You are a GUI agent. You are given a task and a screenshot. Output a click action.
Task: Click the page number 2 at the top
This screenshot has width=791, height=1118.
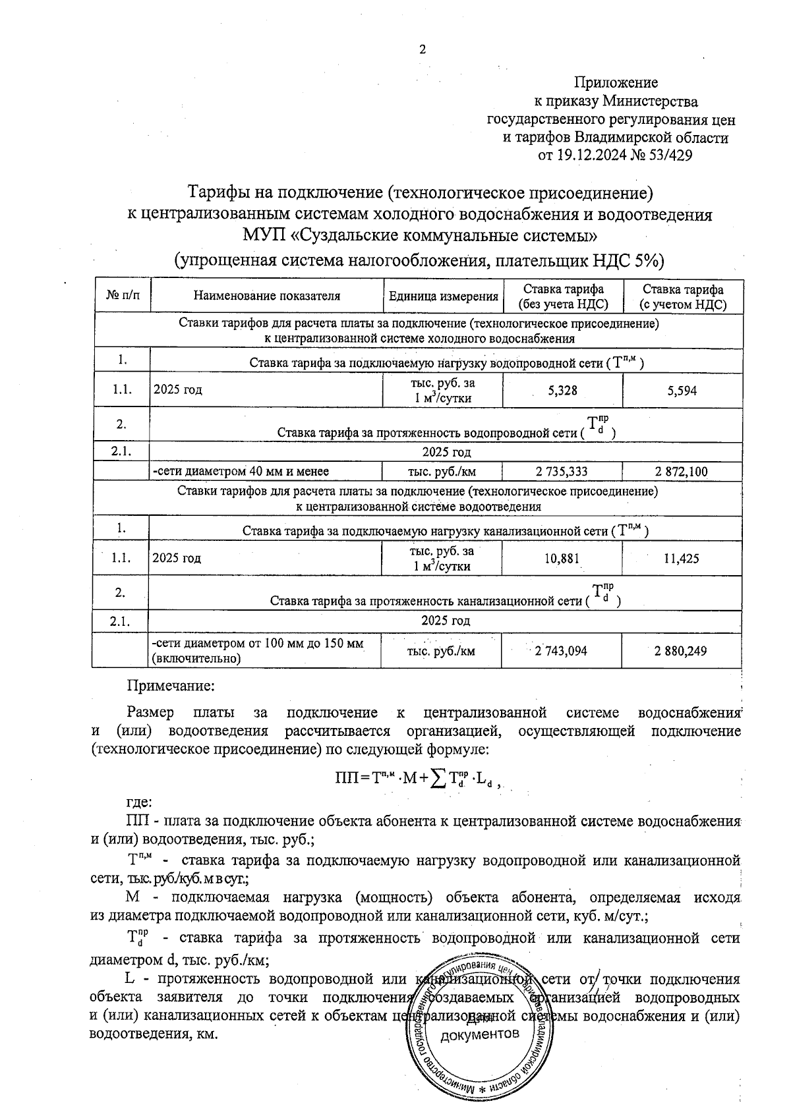point(423,50)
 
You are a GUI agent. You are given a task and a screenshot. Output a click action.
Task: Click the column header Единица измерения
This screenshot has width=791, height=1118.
point(443,296)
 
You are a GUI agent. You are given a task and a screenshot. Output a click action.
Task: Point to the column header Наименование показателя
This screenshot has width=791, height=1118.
point(266,296)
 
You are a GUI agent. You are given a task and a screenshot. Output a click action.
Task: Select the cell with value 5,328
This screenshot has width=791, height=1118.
point(562,391)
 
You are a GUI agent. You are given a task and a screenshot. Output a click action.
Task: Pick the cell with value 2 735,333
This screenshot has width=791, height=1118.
point(562,472)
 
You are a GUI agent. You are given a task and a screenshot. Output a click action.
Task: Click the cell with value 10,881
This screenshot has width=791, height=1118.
point(562,559)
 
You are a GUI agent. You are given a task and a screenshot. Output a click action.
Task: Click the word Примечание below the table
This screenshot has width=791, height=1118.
point(171,686)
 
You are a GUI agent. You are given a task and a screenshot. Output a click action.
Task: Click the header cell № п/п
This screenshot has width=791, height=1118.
point(123,296)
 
